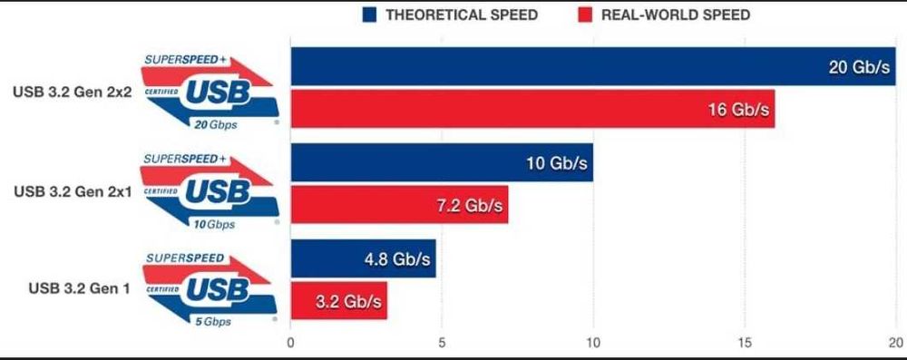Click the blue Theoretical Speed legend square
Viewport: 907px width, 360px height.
[368, 15]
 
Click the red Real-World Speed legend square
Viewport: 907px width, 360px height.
[584, 15]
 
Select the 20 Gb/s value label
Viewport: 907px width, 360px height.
[859, 68]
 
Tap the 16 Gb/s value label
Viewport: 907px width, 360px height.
[738, 110]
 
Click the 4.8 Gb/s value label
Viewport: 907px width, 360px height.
[395, 259]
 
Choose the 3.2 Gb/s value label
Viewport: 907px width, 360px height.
[348, 300]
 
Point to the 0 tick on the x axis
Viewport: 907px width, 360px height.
[290, 343]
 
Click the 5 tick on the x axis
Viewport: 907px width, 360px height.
[442, 343]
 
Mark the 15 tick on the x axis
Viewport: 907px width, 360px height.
[745, 343]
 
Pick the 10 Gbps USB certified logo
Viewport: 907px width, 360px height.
[209, 191]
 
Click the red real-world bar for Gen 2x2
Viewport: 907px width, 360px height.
[532, 110]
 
